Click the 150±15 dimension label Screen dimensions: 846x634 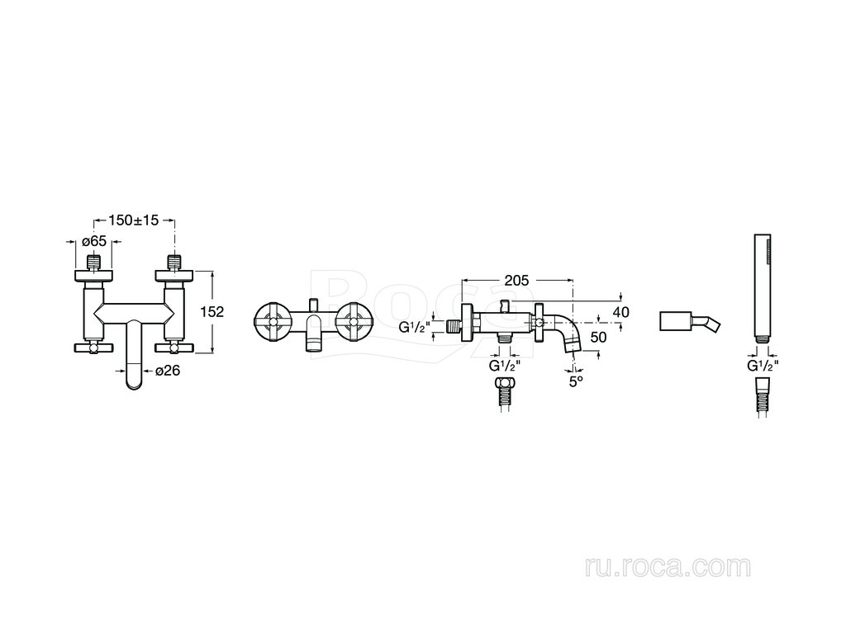coord(133,220)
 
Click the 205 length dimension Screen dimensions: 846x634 coord(516,282)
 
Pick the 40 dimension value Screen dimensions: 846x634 coord(622,311)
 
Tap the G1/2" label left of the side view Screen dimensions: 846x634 coord(415,327)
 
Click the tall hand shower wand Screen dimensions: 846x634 coord(763,289)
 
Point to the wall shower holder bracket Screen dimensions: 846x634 coord(690,321)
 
